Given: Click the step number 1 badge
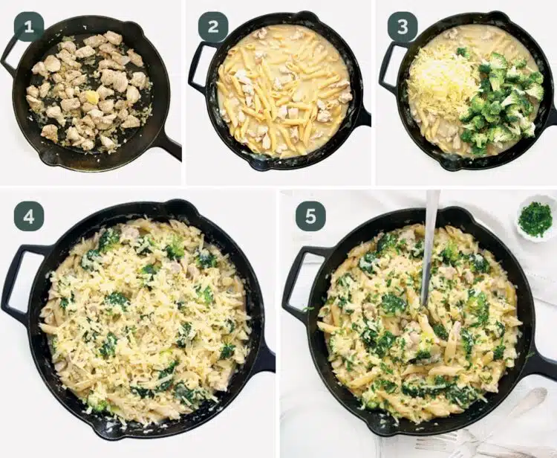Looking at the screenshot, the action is (x=29, y=27).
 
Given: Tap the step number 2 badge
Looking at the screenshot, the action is (x=213, y=27).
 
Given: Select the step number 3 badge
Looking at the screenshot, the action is (x=403, y=27).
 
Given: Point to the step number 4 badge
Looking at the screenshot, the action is (x=29, y=216).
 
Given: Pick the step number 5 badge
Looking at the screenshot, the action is (x=310, y=216).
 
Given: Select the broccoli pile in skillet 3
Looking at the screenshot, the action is (x=501, y=100).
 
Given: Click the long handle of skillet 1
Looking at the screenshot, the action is (x=169, y=144).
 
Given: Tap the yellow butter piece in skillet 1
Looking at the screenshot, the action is (x=91, y=97).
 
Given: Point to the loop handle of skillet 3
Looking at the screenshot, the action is (x=386, y=68).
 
